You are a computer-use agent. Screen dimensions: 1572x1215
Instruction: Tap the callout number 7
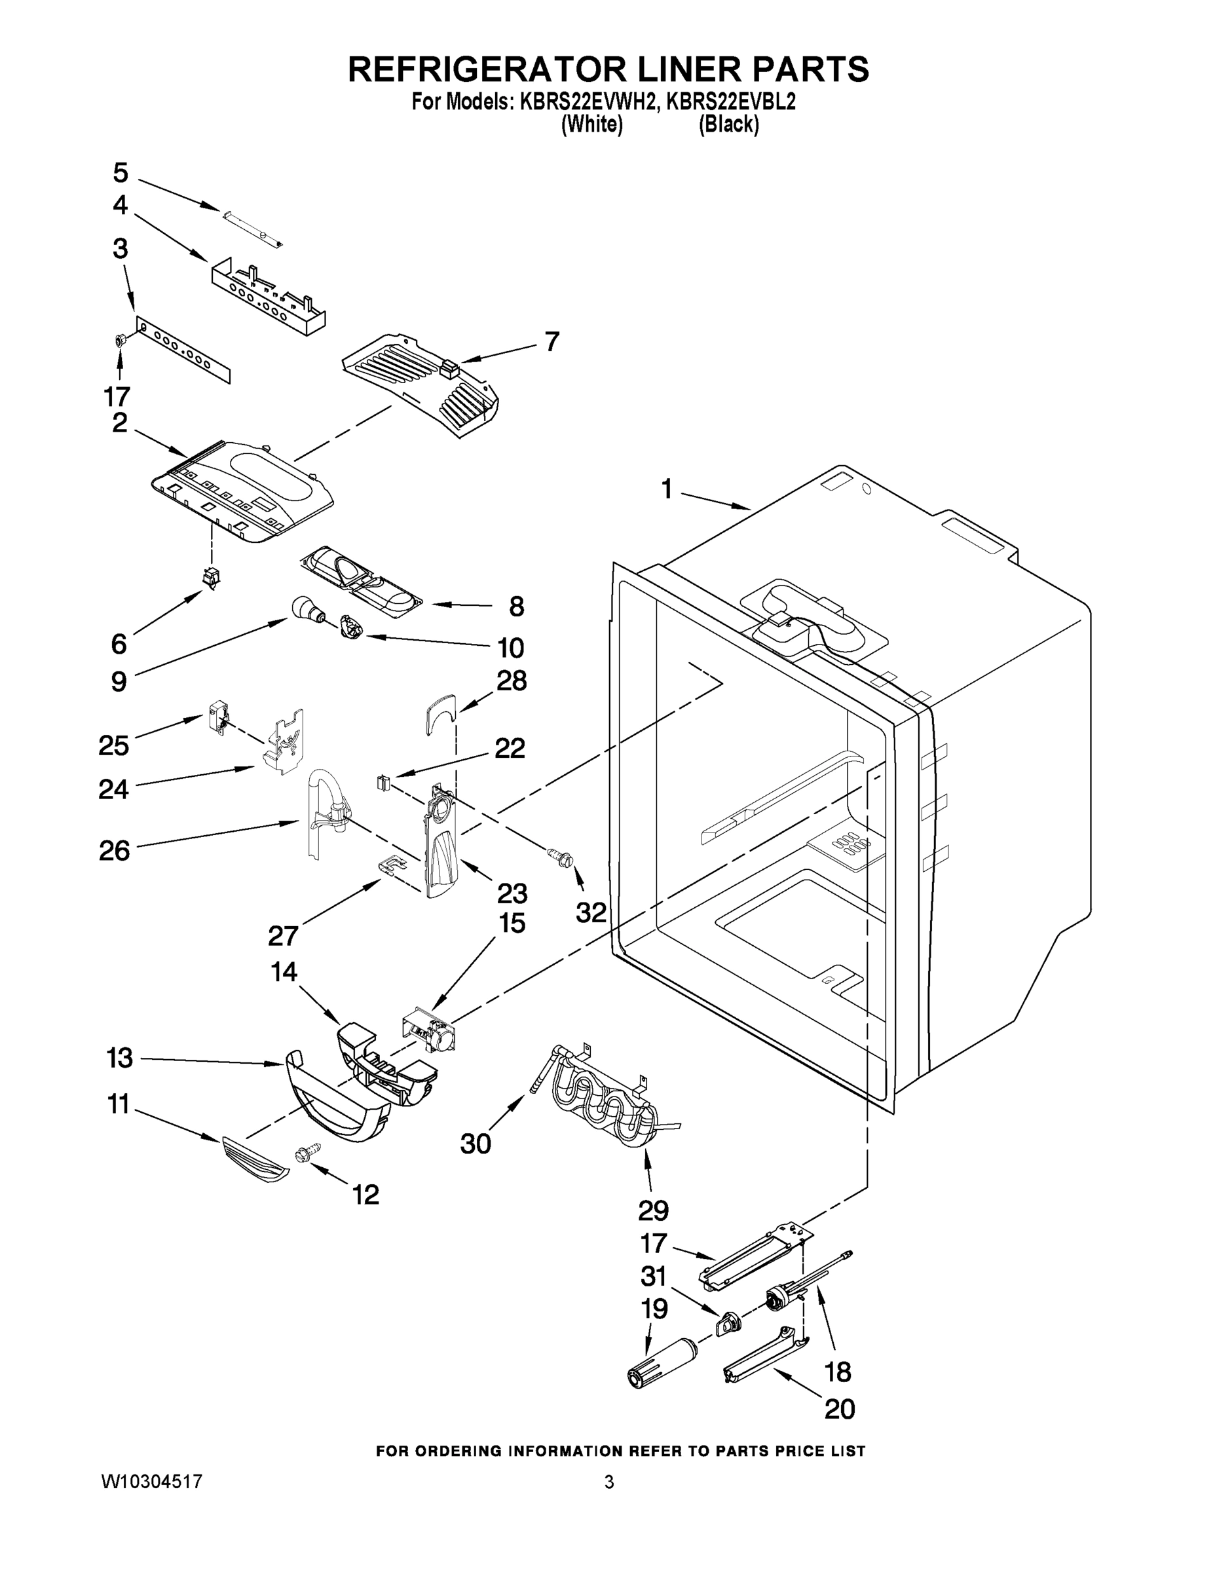click(551, 341)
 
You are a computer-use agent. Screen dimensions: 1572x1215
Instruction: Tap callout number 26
click(115, 850)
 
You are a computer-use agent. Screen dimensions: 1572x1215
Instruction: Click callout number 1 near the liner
click(667, 489)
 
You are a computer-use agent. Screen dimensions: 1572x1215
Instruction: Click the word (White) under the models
click(591, 124)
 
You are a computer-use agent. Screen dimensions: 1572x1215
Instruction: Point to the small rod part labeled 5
click(252, 229)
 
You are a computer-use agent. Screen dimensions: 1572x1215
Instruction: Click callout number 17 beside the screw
click(117, 396)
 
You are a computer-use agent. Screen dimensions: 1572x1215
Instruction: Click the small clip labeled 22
click(383, 781)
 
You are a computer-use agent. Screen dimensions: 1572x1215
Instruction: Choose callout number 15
click(512, 923)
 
